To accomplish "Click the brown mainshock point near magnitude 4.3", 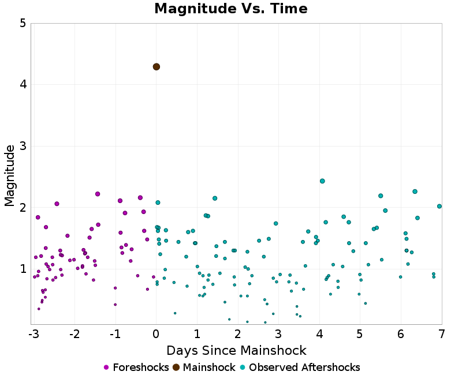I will tap(157, 67).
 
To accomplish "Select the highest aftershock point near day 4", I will tap(322, 181).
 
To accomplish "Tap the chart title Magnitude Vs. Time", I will tap(231, 9).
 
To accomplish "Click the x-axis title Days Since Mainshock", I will tap(236, 351).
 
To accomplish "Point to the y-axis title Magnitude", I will tap(10, 175).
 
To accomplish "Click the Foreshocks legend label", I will tap(141, 367).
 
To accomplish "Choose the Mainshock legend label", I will tap(209, 367).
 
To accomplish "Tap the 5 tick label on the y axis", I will tap(22, 24).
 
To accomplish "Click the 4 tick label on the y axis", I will tap(22, 85).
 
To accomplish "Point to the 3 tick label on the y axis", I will tap(22, 146).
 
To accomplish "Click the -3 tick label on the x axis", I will tap(33, 334).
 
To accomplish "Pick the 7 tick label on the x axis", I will tap(442, 334).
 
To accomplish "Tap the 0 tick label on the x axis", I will tap(157, 334).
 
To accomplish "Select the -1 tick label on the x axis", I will tap(115, 334).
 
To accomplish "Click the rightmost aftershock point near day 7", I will tap(439, 206).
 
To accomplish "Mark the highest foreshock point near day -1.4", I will tap(98, 194).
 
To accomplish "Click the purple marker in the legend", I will tap(106, 367).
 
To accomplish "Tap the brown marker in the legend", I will tap(176, 367).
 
